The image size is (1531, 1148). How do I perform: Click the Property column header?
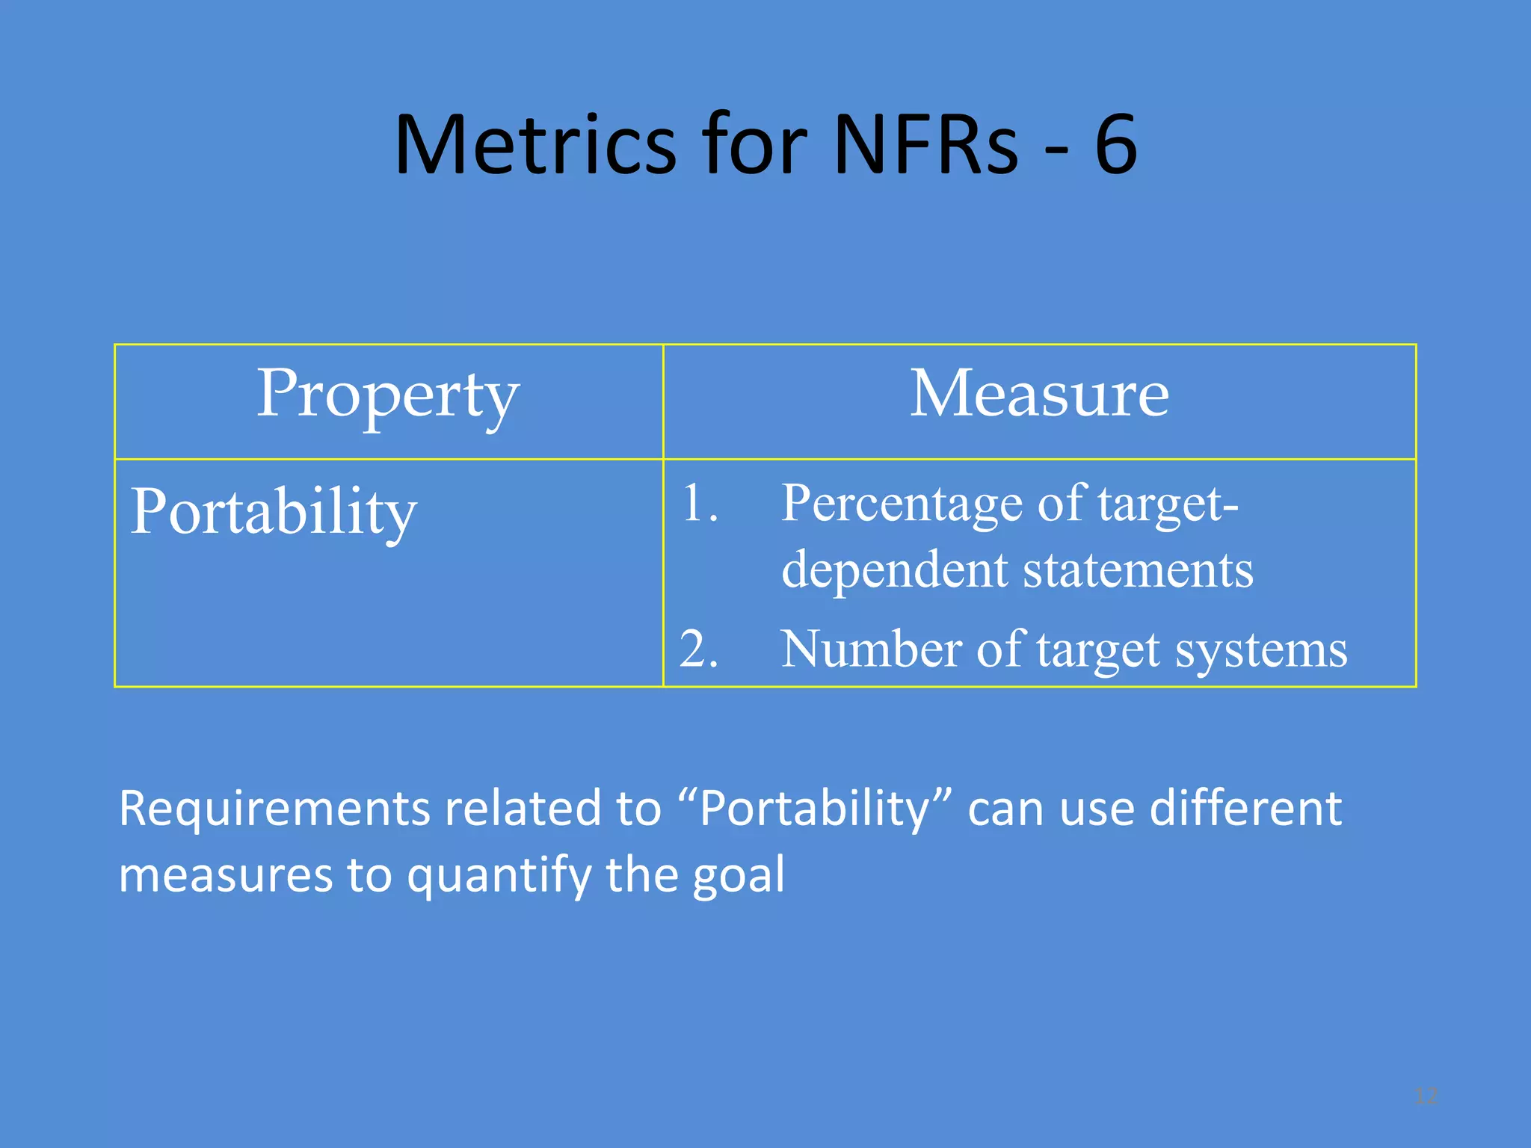[x=388, y=396]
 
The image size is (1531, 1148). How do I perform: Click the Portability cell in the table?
[x=274, y=513]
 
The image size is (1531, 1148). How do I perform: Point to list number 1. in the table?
[x=699, y=503]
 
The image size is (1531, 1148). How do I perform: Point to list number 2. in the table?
[x=699, y=649]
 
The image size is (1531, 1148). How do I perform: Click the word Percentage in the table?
[x=901, y=504]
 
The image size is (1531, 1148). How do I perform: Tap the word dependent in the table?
[x=894, y=570]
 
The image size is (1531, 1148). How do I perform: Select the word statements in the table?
[x=1138, y=570]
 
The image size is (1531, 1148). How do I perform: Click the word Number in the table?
[x=871, y=649]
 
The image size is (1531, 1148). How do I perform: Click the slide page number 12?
[x=1426, y=1096]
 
